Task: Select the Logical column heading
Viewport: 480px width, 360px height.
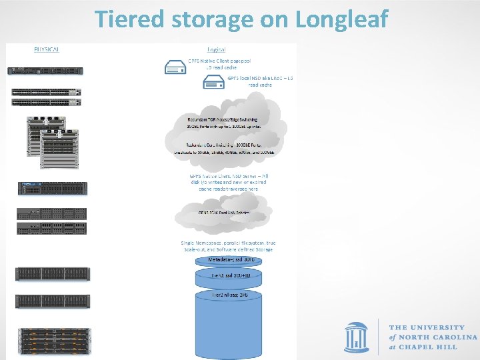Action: pos(216,49)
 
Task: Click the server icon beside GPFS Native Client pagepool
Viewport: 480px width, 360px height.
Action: pos(175,67)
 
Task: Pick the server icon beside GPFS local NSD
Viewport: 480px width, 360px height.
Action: pos(213,82)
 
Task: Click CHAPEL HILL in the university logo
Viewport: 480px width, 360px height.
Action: pos(434,348)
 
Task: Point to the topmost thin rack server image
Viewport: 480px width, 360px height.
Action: pos(44,71)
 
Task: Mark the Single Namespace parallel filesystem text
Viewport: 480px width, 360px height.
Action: pos(228,245)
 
